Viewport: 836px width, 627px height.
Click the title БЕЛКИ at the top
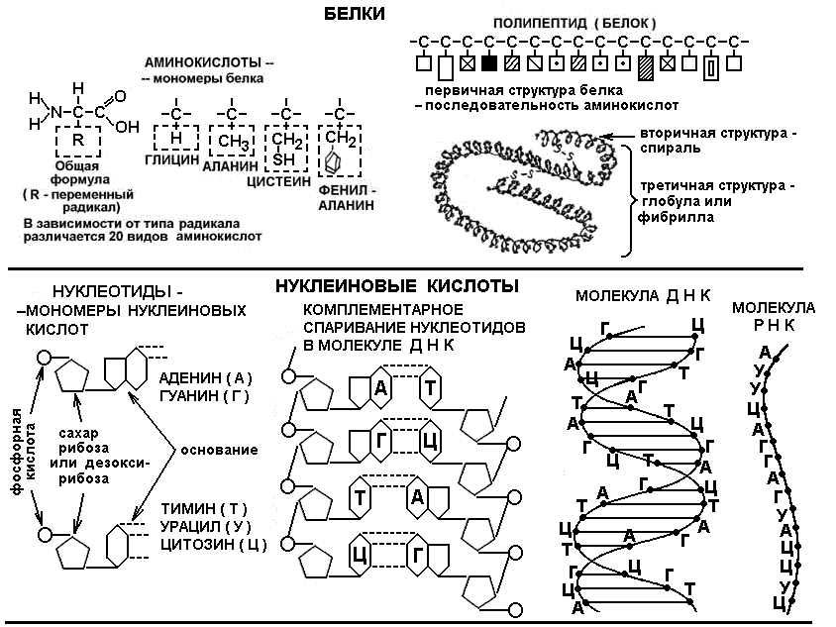(354, 14)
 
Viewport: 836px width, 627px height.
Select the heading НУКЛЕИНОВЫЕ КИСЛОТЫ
(397, 286)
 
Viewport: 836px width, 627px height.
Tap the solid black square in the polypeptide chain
(489, 63)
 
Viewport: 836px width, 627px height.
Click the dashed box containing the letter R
(78, 141)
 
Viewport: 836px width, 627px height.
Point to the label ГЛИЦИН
(172, 159)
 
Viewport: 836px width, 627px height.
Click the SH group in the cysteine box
(283, 158)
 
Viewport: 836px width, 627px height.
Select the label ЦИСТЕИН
(278, 182)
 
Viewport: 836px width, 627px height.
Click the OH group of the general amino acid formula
(127, 127)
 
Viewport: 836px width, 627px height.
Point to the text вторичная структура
(713, 133)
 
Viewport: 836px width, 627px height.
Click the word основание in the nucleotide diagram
(219, 450)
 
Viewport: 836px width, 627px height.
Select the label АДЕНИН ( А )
(206, 378)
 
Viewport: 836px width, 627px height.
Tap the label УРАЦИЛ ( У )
(205, 526)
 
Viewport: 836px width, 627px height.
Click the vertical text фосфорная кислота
(24, 452)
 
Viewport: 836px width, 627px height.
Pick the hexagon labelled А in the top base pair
(380, 387)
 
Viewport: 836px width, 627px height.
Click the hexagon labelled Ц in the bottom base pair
(360, 556)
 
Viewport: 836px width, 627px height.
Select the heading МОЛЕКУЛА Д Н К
(643, 296)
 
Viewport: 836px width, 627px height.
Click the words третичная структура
(712, 186)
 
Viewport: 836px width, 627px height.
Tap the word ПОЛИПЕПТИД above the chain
(540, 24)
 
